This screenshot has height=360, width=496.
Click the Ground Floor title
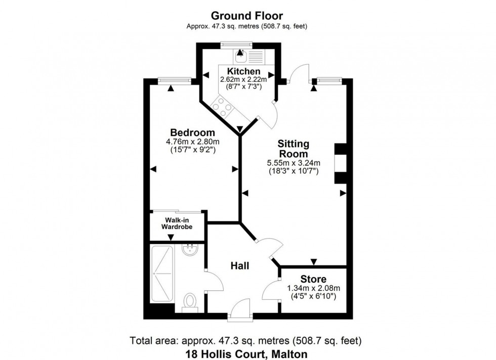[247, 16]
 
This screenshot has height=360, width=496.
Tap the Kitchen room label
[243, 71]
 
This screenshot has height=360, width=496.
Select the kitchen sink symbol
[239, 54]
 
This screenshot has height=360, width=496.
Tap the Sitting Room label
[293, 149]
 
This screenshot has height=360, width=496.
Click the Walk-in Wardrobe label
[177, 223]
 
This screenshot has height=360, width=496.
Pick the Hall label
[239, 265]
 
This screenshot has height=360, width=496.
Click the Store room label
[313, 279]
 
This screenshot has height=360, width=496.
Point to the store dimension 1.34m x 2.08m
[313, 288]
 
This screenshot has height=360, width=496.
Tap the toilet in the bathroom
[190, 302]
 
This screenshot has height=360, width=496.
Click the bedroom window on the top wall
[174, 79]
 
